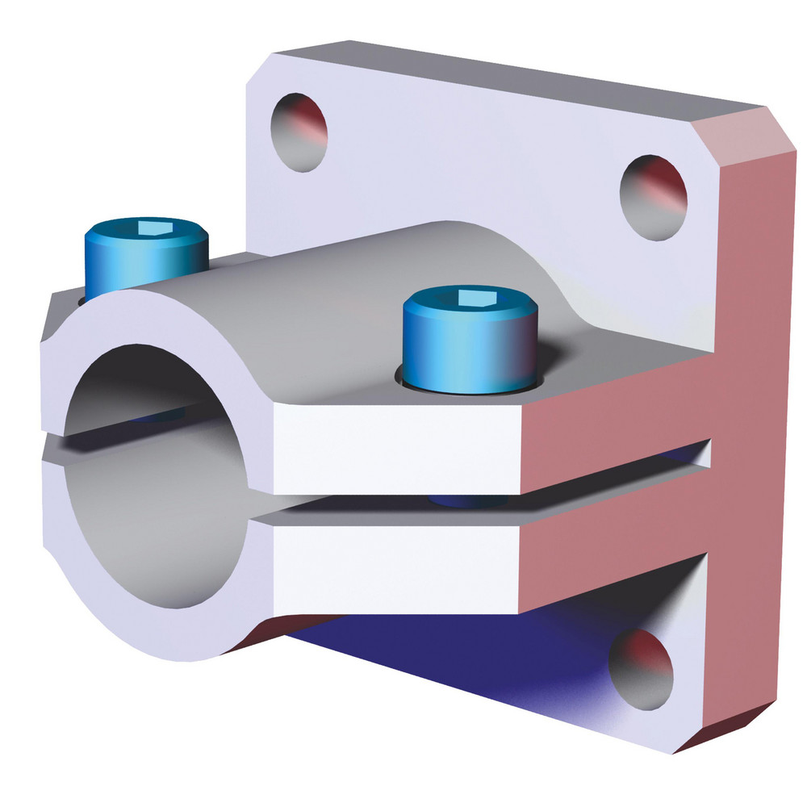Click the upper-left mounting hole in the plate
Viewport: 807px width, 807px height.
[x=299, y=131]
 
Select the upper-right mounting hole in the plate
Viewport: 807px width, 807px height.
[x=653, y=197]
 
